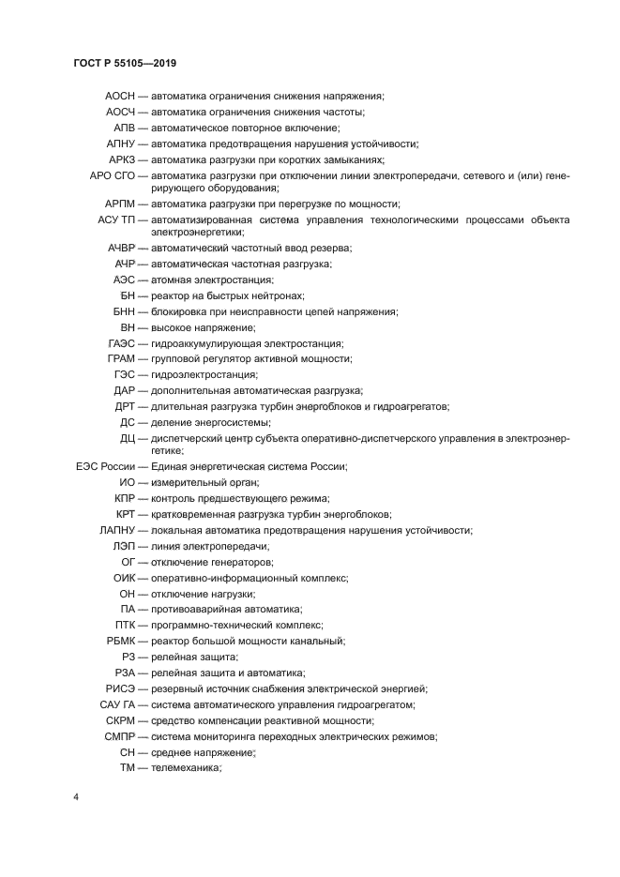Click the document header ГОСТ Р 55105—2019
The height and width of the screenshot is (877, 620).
pyautogui.click(x=125, y=64)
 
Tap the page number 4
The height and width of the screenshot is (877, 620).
pyautogui.click(x=75, y=797)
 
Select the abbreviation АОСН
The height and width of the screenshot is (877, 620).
pyautogui.click(x=121, y=96)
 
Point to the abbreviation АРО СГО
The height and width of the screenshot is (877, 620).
pyautogui.click(x=113, y=175)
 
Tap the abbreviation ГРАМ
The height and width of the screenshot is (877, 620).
pyautogui.click(x=122, y=358)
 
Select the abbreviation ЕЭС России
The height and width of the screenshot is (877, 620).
pyautogui.click(x=105, y=466)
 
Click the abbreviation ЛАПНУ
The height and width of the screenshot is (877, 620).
pyautogui.click(x=116, y=530)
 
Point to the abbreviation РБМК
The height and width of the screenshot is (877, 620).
pyautogui.click(x=122, y=641)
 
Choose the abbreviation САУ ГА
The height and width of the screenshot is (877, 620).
pyautogui.click(x=116, y=704)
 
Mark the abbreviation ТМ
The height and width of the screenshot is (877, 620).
pyautogui.click(x=128, y=768)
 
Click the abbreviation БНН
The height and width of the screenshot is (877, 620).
pyautogui.click(x=124, y=311)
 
